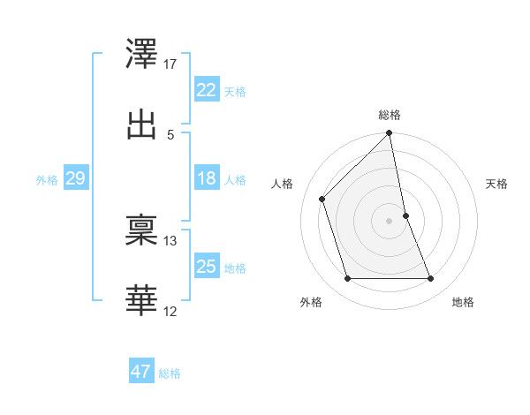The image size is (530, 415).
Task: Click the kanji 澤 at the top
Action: click(142, 55)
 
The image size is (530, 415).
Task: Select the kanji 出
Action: click(142, 123)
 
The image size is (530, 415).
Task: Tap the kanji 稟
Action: click(142, 230)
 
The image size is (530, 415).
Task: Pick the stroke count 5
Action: click(170, 134)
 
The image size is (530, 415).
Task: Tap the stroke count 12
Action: click(171, 310)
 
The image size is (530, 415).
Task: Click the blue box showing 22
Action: click(207, 90)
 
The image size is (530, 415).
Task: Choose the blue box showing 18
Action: click(207, 178)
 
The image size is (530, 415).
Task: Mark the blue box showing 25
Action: click(207, 266)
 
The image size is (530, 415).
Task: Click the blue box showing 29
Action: click(75, 178)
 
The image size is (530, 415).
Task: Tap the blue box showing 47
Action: click(141, 372)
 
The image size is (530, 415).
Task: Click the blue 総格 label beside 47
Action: click(170, 373)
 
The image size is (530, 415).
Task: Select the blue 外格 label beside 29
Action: click(47, 180)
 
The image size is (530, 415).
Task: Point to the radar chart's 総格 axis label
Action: click(390, 115)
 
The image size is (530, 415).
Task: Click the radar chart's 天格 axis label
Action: click(497, 184)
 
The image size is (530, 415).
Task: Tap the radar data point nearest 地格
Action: click(431, 279)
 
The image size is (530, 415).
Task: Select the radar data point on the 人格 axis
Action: click(322, 199)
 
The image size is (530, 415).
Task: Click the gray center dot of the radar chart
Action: click(390, 221)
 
